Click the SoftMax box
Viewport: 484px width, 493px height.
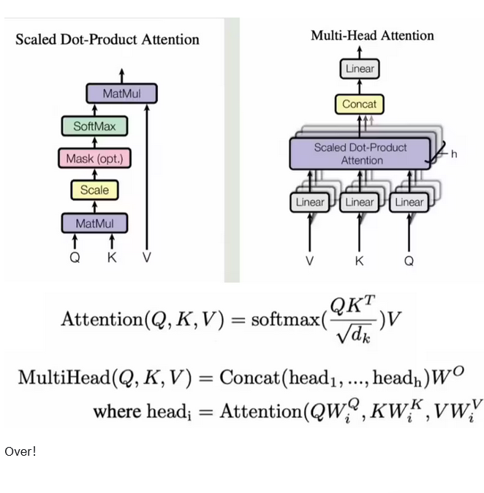(94, 126)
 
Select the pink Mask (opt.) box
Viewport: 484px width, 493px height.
(94, 158)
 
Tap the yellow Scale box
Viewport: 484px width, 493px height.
(94, 190)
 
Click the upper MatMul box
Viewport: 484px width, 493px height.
(121, 93)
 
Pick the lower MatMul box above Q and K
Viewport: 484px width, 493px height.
(94, 223)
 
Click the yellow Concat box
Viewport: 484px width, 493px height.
(359, 104)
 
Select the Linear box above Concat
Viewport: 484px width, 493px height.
(359, 69)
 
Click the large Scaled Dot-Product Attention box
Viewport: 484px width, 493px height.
(360, 153)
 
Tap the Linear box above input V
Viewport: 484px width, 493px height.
(310, 202)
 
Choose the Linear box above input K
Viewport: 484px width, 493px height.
(359, 202)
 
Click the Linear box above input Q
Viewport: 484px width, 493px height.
(409, 202)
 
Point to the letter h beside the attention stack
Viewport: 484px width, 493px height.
(454, 154)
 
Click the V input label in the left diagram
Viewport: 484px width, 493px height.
(147, 257)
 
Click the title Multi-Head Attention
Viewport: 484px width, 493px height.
(372, 35)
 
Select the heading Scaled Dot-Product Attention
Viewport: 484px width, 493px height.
(107, 39)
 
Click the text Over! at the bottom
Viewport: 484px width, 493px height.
(20, 451)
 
